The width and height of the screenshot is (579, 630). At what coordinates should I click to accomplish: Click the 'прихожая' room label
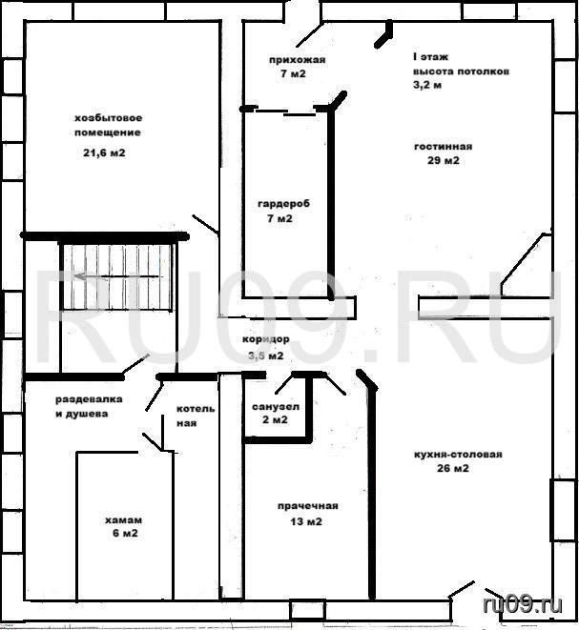(298, 60)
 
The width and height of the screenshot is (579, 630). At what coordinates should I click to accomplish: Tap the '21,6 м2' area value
(104, 153)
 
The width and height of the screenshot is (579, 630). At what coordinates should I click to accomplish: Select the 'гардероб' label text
(284, 204)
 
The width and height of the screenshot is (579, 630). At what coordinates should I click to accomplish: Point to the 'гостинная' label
(444, 146)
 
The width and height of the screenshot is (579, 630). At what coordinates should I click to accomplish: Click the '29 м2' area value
(444, 160)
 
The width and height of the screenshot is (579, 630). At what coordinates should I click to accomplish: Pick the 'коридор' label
(266, 339)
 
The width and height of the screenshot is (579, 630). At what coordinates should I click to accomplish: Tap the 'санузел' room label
(276, 407)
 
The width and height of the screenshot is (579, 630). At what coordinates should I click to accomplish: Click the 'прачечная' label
(307, 506)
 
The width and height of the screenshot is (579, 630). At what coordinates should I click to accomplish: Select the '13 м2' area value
(306, 521)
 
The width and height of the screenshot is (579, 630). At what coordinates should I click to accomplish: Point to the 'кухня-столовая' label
(458, 455)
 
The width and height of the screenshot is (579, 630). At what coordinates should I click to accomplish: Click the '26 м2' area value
(453, 468)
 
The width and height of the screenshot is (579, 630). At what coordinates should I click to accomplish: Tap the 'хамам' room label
(123, 519)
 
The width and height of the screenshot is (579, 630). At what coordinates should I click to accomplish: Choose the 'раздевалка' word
(89, 399)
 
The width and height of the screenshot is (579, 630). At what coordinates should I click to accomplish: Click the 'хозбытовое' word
(109, 118)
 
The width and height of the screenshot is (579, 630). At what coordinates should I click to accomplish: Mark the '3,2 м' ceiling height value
(427, 85)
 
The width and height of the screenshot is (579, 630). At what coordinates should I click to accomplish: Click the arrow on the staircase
(119, 276)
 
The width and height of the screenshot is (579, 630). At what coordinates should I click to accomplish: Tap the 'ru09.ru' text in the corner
(523, 604)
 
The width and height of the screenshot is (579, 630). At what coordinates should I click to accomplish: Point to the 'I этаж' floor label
(430, 57)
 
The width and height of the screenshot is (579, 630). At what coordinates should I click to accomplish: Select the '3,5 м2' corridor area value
(266, 356)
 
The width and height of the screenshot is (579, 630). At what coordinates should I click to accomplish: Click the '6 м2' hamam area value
(126, 533)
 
